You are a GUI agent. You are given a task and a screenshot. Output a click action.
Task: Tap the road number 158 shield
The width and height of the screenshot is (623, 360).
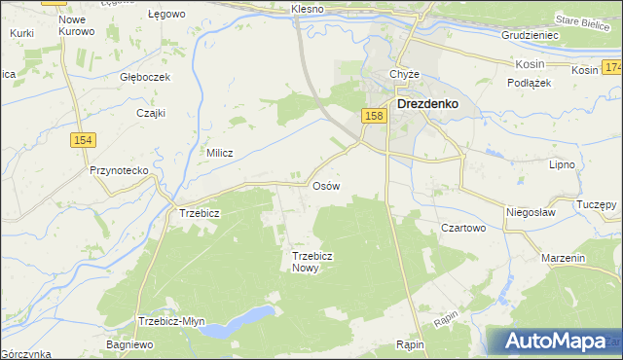375,116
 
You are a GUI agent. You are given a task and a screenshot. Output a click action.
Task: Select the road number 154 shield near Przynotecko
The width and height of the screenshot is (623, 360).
83,140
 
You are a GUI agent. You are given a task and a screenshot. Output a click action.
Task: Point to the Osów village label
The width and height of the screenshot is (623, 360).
325,185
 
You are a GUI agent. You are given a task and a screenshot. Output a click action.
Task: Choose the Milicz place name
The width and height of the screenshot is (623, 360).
221,153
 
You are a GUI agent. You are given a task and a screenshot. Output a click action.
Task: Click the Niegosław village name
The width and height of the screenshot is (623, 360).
531,210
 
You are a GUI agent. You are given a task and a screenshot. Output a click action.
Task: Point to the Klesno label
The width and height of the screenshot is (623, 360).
308,9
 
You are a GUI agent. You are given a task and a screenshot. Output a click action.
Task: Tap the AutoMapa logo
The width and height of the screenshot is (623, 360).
553,342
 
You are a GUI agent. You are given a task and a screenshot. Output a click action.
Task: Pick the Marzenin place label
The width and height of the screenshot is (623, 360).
564,259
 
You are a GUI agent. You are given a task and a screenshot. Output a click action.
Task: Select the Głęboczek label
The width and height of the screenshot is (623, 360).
145,77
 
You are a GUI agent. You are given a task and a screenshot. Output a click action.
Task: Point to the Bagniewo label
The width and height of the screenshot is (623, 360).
131,344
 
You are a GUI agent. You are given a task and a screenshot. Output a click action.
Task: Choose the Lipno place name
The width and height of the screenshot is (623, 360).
563,165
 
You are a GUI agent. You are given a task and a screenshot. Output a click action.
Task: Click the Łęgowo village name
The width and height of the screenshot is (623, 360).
165,15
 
